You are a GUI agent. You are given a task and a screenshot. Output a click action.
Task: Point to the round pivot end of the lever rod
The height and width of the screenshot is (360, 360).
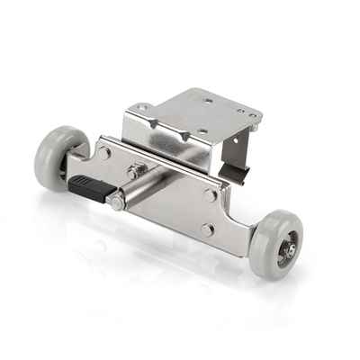coord(117,202)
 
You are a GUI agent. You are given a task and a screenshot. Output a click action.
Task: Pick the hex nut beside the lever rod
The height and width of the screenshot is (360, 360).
coord(135,170)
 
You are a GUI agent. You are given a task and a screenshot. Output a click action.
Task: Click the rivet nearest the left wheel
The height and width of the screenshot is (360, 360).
coord(104,153)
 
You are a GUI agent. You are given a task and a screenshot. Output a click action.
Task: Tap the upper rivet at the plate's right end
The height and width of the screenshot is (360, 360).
coord(210,194)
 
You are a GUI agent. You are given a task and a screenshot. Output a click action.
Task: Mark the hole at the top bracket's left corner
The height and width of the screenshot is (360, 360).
coord(142,109)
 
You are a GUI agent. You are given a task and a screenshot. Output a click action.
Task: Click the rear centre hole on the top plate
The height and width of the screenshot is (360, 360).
coord(208,102)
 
